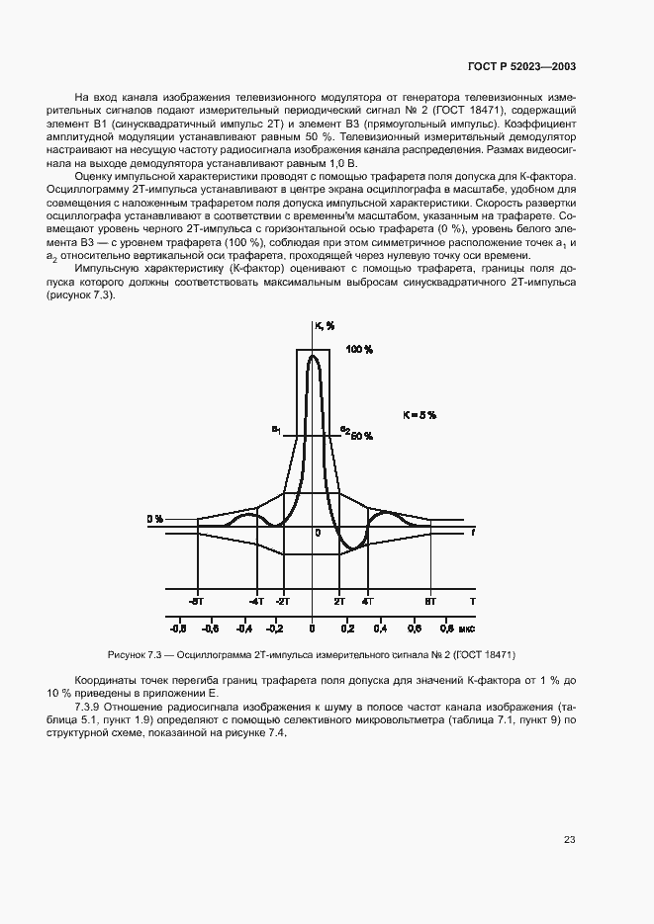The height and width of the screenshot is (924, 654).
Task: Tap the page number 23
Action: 569,840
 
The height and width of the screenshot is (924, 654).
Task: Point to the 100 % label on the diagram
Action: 359,350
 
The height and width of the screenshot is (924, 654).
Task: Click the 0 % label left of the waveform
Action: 155,519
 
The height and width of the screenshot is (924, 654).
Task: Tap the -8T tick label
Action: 196,601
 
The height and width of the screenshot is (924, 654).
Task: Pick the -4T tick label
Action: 255,601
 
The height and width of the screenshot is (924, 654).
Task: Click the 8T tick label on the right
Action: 430,601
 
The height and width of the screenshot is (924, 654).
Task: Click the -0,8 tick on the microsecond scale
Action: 178,629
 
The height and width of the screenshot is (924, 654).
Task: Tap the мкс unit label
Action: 474,629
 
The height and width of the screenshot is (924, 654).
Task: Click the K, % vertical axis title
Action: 323,324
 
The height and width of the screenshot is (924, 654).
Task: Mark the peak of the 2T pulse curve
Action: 313,356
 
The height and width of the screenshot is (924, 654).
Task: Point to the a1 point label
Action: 277,430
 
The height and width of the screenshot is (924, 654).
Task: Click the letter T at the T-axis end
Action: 472,601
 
